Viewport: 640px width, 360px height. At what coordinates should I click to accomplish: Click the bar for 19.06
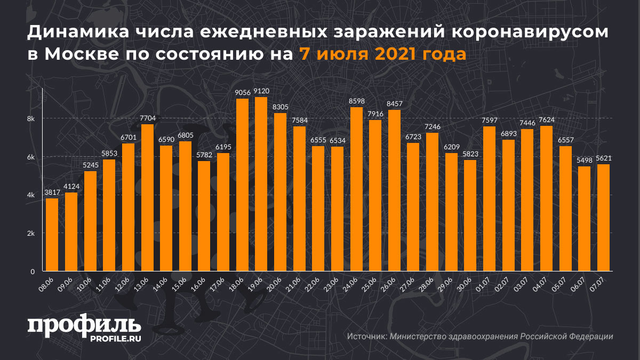261,184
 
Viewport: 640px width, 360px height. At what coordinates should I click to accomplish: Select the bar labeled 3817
52,235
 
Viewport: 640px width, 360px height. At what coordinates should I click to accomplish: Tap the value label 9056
242,92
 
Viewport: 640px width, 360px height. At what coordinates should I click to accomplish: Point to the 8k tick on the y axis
31,118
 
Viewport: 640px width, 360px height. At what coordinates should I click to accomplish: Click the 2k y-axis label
31,234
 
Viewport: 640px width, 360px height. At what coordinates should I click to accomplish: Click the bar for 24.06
356,189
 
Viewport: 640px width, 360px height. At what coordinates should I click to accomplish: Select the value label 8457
394,103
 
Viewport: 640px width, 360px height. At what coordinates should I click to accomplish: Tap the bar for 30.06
470,215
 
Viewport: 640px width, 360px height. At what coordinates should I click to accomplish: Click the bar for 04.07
546,198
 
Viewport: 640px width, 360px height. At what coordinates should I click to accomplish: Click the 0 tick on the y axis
33,271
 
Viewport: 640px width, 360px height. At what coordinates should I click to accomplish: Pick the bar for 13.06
147,198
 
